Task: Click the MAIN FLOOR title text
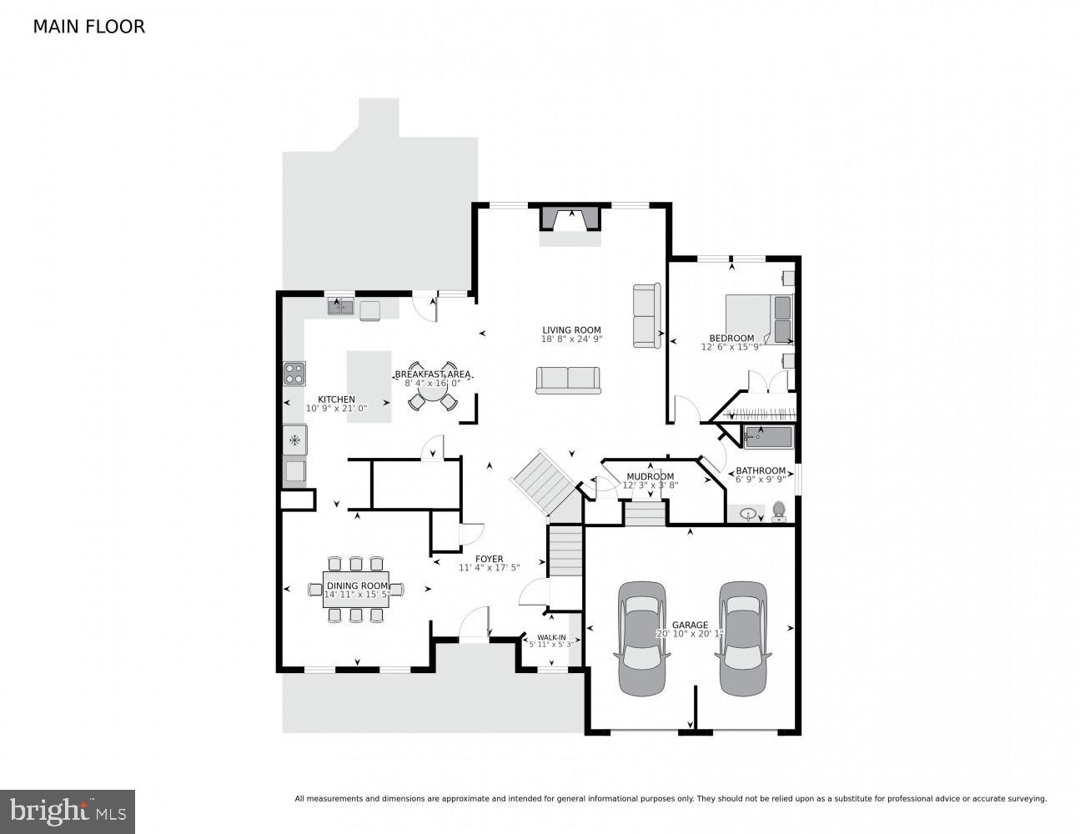coord(88,27)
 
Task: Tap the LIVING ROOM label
coord(571,330)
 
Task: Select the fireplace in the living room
coord(571,219)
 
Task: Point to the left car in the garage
coord(641,638)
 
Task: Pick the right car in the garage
coord(743,638)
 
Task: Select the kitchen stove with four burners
coord(294,373)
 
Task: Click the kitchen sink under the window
coord(340,308)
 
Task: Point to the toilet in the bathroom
coord(780,510)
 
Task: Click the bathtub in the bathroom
coord(768,436)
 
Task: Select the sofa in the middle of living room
coord(568,380)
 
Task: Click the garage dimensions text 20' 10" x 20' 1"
coord(690,634)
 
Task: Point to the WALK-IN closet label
coord(551,638)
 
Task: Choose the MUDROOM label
coord(650,477)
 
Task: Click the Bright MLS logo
coord(68,810)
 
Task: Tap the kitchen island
coord(369,386)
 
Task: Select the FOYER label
coord(490,559)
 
